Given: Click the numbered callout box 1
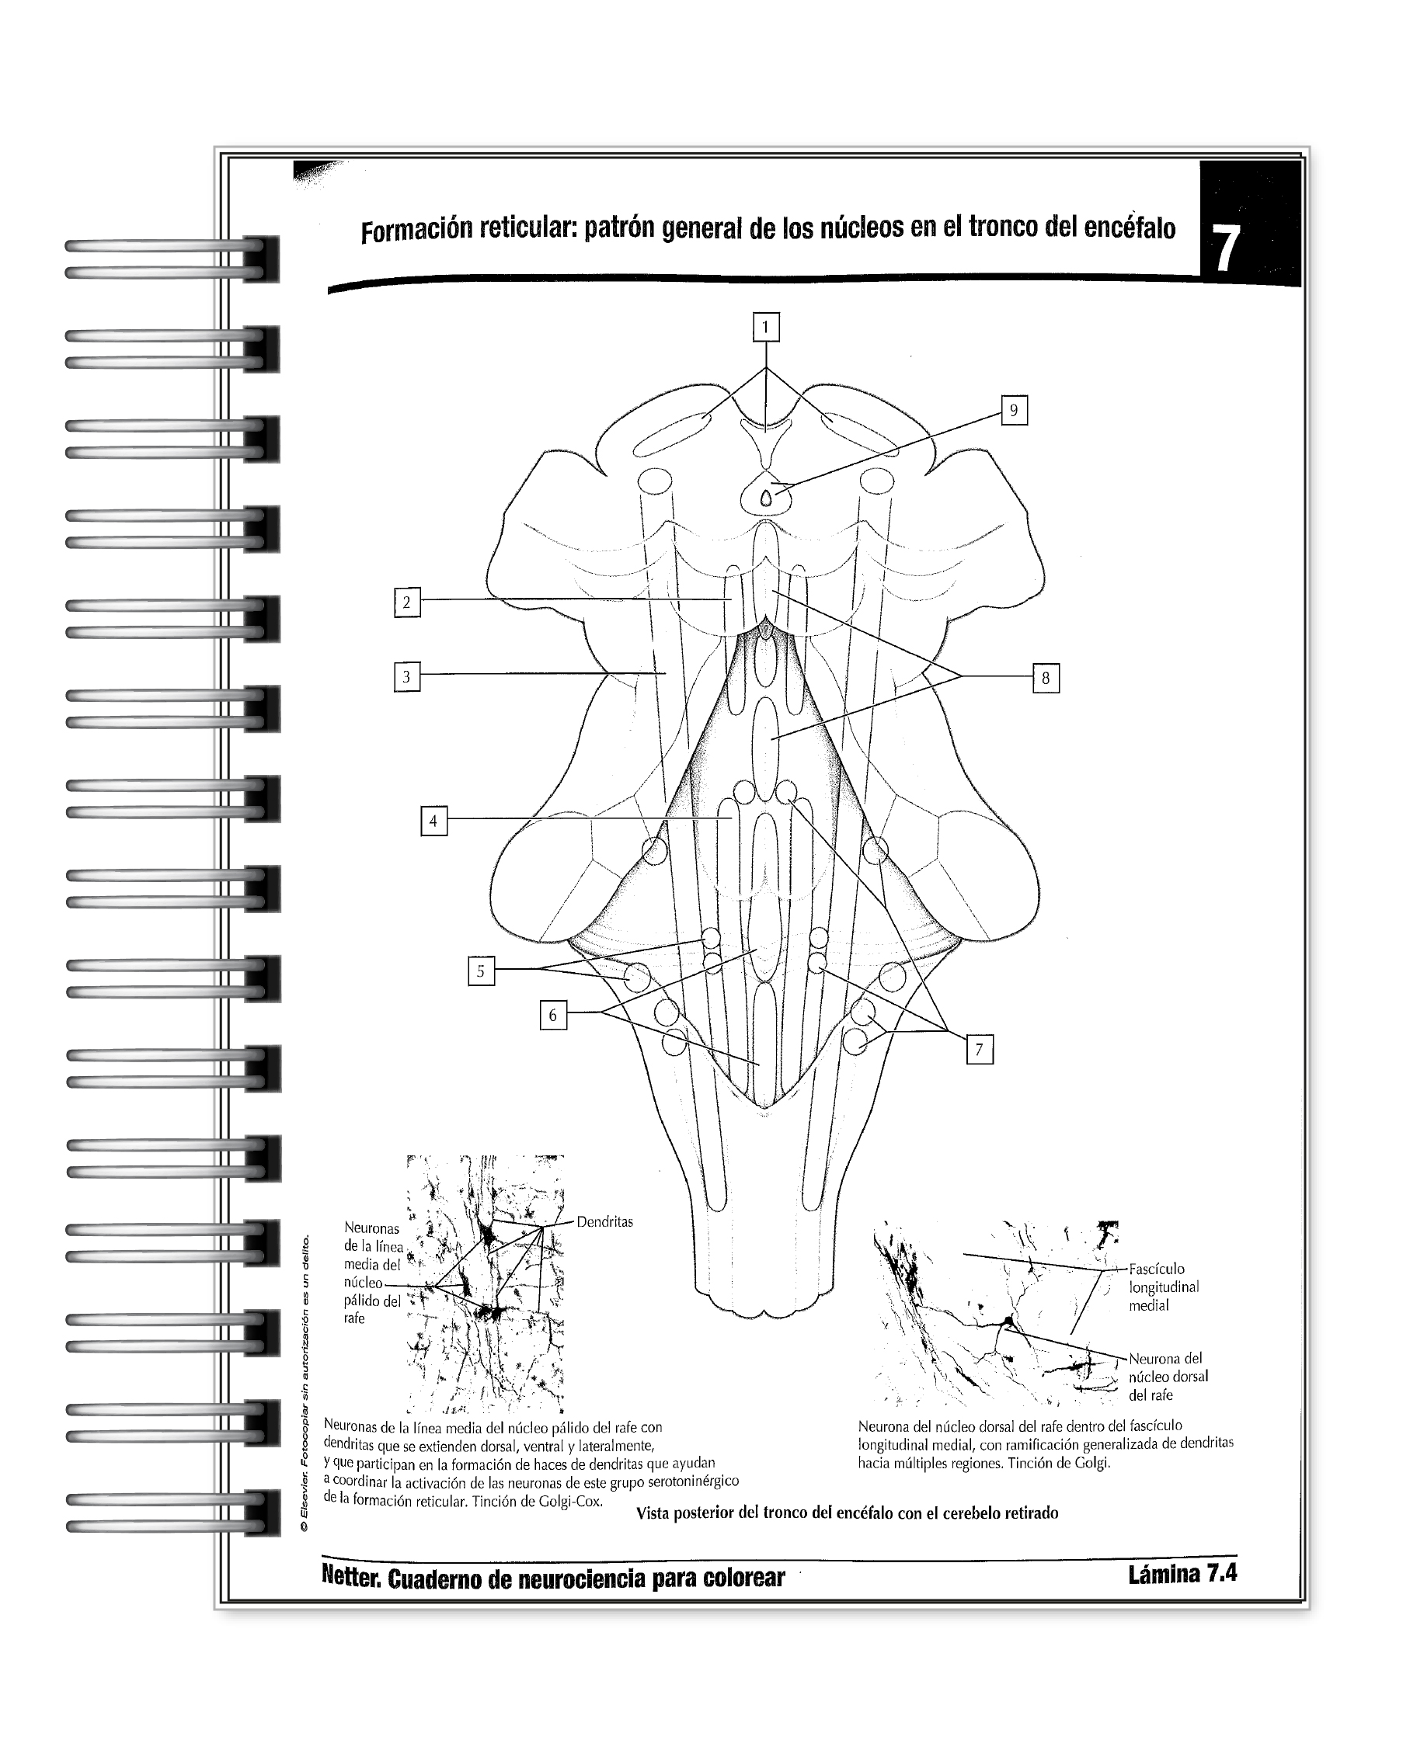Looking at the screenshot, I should (x=765, y=328).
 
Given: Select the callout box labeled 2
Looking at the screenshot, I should (x=407, y=602).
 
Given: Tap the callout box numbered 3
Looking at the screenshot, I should (x=407, y=676).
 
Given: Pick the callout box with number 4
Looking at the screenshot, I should (x=433, y=821).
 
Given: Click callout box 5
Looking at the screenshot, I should (x=481, y=971).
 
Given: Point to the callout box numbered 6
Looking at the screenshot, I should (x=553, y=1016).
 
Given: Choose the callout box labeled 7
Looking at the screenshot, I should (x=979, y=1049).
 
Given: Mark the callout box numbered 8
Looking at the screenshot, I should (x=1046, y=678).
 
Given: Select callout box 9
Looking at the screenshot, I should (x=1013, y=411).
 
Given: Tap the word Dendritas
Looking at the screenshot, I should (x=604, y=1221).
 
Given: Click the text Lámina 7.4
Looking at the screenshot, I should (x=1182, y=1574).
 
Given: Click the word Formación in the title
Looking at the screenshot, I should (x=415, y=231).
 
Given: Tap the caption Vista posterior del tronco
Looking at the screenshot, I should (x=846, y=1513).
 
